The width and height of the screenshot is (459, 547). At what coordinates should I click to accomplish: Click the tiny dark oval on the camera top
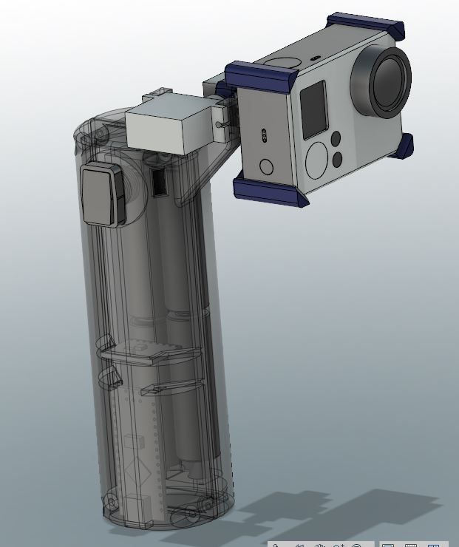pyautogui.click(x=316, y=55)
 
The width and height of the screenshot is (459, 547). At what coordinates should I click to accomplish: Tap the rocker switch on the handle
pyautogui.click(x=103, y=194)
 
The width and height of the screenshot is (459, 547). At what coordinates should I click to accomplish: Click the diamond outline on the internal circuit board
pyautogui.click(x=133, y=472)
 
